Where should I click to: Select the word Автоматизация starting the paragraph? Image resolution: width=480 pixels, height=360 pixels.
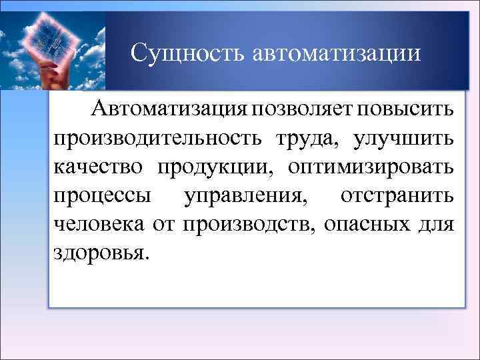point(171,107)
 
